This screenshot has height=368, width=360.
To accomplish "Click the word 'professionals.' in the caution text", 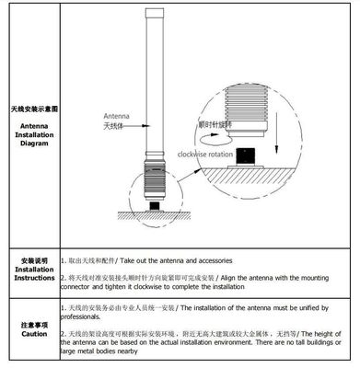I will coord(84,316).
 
